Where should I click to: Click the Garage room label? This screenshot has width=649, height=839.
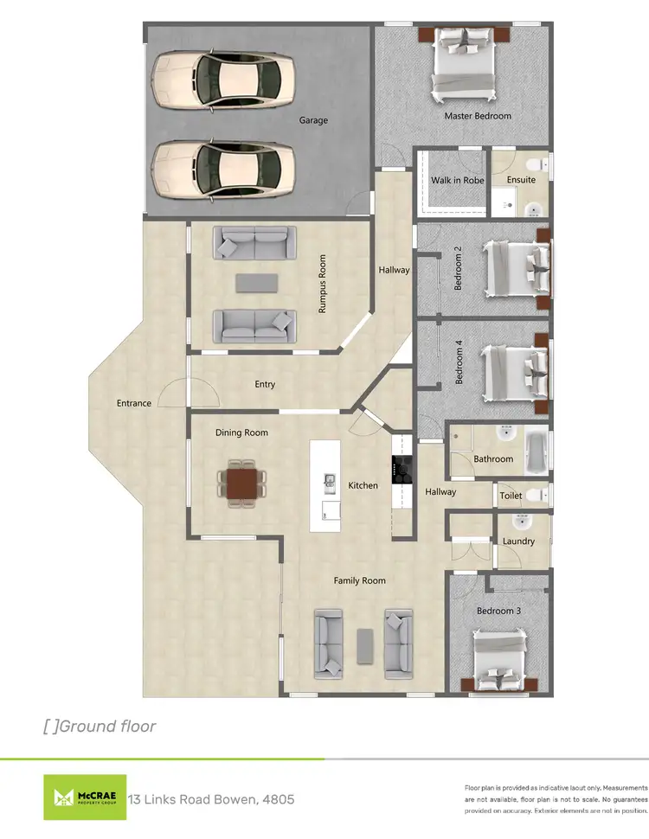(x=313, y=120)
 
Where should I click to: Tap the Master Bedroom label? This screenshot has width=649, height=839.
(x=478, y=116)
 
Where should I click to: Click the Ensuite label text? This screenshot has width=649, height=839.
(x=521, y=180)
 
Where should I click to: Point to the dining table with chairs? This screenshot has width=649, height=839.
(x=243, y=481)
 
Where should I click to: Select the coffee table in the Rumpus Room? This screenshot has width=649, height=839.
(x=256, y=283)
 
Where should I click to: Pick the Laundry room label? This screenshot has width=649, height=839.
(x=518, y=541)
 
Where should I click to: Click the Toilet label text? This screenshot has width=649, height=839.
(x=511, y=496)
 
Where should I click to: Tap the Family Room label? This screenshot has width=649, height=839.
(x=359, y=580)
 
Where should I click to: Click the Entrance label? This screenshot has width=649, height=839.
(x=134, y=403)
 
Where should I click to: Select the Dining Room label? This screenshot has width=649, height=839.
(x=241, y=432)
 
